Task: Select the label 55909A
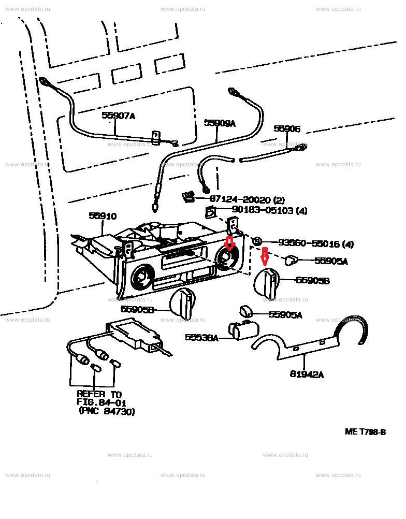tap(219, 123)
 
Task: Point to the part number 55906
tap(286, 129)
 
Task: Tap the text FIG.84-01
tap(102, 402)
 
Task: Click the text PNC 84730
tap(107, 411)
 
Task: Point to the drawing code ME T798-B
tap(365, 431)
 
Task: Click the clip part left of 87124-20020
tap(188, 197)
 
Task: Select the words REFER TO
tap(98, 393)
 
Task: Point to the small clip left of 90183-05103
tap(211, 212)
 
